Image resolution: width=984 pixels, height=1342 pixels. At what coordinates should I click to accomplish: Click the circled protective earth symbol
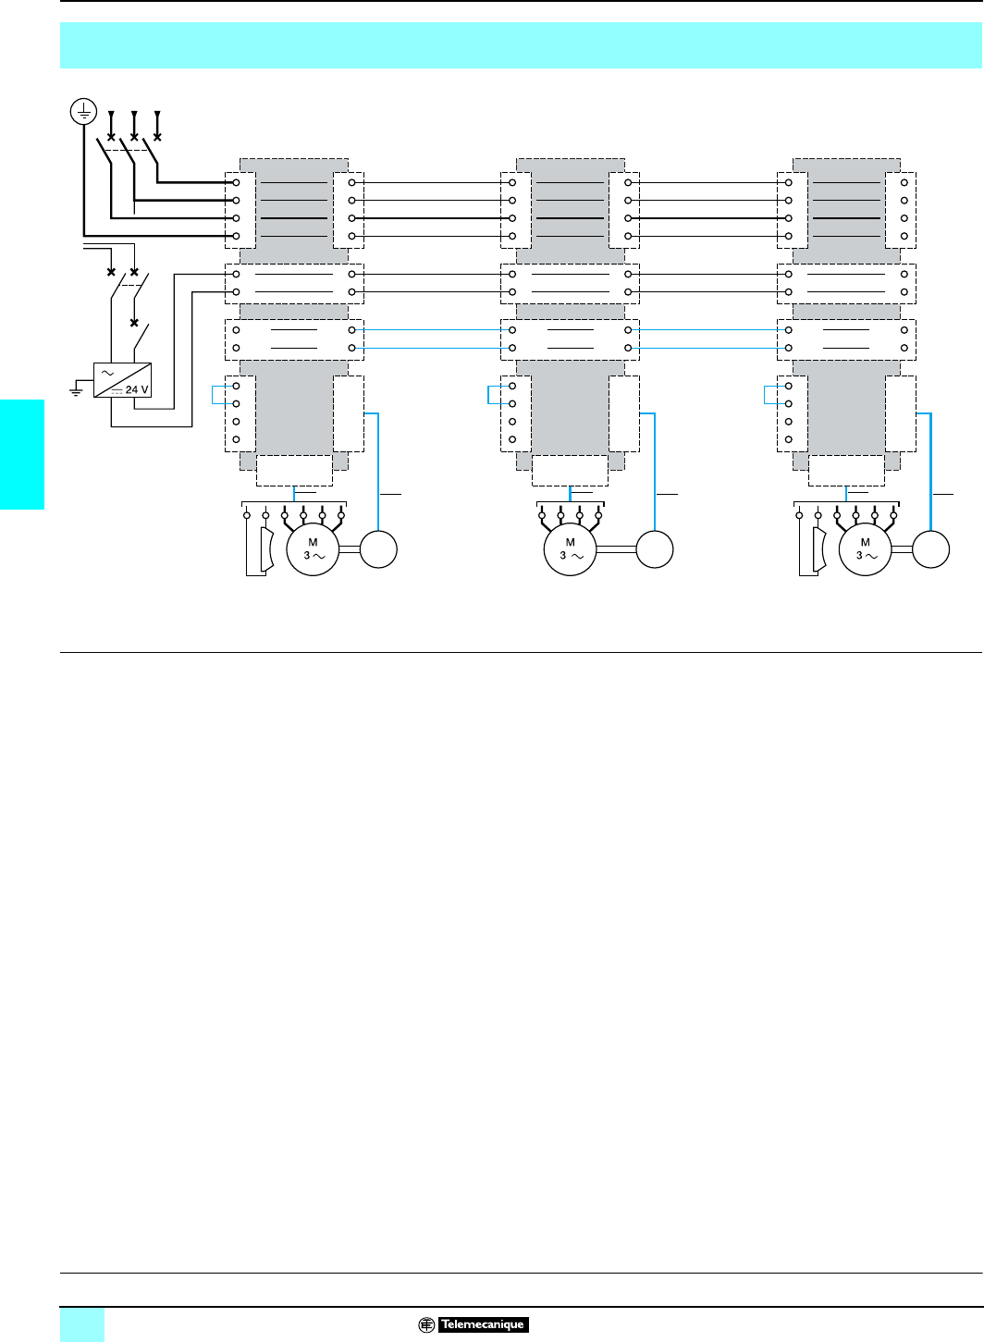(x=84, y=113)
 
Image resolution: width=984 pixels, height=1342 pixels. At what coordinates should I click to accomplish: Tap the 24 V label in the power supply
(x=137, y=389)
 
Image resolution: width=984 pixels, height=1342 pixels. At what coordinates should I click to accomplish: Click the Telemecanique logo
(x=474, y=1324)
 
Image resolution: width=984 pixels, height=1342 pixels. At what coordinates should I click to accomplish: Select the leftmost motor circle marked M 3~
(x=314, y=549)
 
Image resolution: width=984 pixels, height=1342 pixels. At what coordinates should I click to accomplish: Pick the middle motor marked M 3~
(x=571, y=549)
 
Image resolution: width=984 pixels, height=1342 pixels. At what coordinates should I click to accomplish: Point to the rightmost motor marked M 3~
(x=865, y=549)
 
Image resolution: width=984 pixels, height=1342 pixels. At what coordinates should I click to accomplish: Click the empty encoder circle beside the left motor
(x=378, y=548)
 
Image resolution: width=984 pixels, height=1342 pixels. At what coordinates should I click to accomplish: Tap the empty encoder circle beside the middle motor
(x=655, y=548)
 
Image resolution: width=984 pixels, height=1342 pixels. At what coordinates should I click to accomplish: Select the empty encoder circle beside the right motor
(x=930, y=548)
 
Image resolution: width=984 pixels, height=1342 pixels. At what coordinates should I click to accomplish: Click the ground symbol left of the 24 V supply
(x=76, y=391)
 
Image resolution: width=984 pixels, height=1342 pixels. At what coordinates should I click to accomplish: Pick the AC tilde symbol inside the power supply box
(x=107, y=373)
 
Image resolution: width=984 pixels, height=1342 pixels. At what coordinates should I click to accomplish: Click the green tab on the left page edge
(x=22, y=454)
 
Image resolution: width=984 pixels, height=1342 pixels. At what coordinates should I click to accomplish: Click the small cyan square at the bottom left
(x=82, y=1324)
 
